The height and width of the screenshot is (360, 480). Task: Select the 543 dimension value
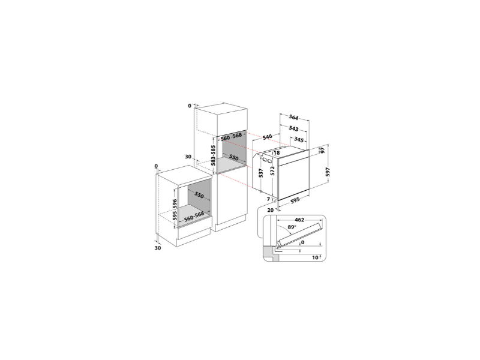295,128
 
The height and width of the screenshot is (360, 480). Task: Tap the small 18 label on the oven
277,153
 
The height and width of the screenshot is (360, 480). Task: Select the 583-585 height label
212,155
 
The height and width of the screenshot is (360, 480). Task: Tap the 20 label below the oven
270,210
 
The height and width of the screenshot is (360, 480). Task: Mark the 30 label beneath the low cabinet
158,248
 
